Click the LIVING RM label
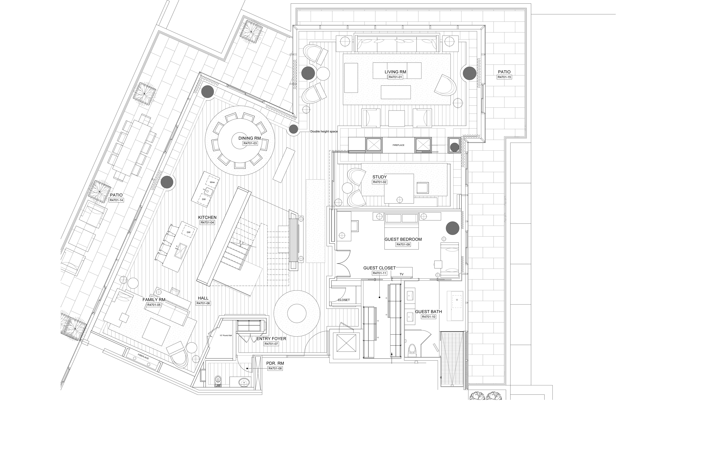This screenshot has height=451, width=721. coord(395,72)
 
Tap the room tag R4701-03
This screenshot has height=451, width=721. coord(250,143)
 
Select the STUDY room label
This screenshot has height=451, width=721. coord(379,177)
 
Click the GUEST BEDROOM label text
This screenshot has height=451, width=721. coord(403,239)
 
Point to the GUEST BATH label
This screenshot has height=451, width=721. coord(428,312)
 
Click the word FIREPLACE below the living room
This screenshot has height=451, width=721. coord(398,145)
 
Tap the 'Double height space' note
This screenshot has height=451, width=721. coord(324,131)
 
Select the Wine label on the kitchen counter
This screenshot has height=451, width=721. coord(212,182)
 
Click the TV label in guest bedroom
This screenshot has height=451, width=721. coord(401,274)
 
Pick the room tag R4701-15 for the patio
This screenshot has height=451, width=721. coord(504,77)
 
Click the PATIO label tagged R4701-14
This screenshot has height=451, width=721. coord(116,195)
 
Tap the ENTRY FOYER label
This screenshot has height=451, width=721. coord(271,338)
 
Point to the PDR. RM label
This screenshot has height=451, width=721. coord(275,363)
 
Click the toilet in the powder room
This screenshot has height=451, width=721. coord(218,381)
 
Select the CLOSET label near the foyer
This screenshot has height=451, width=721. coord(344,300)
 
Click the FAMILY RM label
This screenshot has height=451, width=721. coord(154,300)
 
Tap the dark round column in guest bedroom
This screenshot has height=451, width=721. coord(453,228)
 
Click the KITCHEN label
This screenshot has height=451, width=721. coord(207,217)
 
